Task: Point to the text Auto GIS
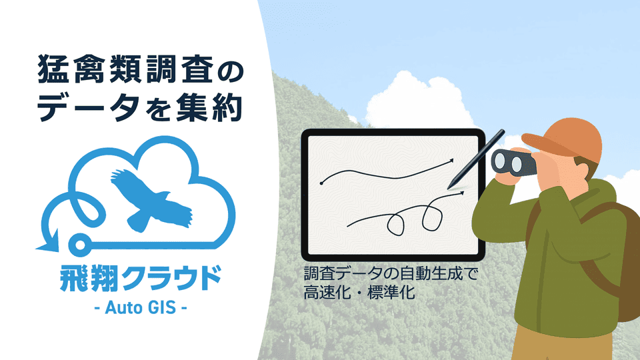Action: tap(138, 309)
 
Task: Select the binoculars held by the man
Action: tap(513, 161)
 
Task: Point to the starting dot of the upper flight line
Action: tap(323, 182)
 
